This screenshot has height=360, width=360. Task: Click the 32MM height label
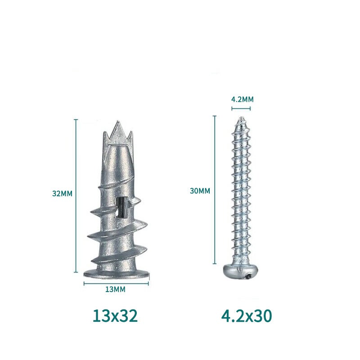click(x=62, y=193)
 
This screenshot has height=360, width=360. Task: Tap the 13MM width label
click(x=116, y=289)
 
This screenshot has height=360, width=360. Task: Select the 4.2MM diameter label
click(x=242, y=99)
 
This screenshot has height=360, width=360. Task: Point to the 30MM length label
click(x=200, y=191)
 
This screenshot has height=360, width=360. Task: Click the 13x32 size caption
click(x=115, y=316)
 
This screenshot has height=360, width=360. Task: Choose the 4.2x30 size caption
click(x=247, y=316)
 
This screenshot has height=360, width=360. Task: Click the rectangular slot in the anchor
click(x=121, y=207)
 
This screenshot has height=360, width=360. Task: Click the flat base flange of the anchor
click(x=117, y=274)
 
